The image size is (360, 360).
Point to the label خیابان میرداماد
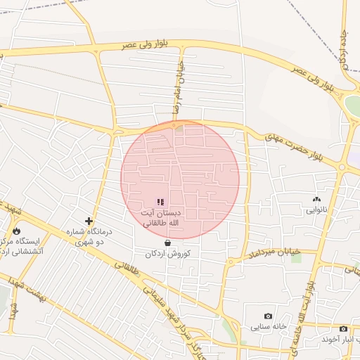(x=275, y=252)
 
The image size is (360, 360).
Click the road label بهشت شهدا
(x=27, y=295)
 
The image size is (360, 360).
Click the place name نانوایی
(x=316, y=210)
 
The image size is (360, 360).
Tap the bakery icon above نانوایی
(x=316, y=200)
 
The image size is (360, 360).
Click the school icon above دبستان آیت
(x=160, y=202)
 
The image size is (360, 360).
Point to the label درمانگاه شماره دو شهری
(x=89, y=236)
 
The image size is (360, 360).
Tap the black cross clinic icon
(x=89, y=221)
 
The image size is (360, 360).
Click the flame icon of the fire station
(x=16, y=231)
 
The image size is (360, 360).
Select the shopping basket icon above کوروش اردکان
(x=167, y=243)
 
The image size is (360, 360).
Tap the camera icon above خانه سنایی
(x=268, y=316)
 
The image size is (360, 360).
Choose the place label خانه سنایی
(x=268, y=327)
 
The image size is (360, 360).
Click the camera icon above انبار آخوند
(x=343, y=328)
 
